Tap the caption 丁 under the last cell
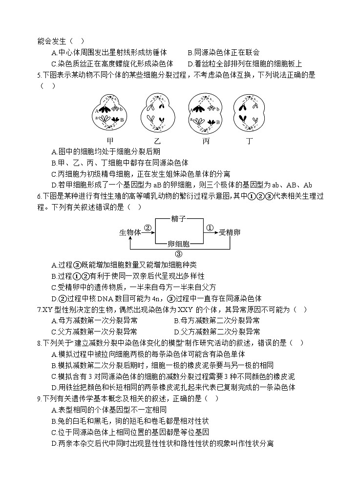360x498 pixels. pos(249,141)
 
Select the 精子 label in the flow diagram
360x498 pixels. pos(178,220)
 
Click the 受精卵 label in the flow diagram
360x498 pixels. pos(230,232)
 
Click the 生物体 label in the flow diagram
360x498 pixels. pos(130,232)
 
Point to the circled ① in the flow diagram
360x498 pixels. pos(210,228)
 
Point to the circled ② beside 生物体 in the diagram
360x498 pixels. pos(148,228)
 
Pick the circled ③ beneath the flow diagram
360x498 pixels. pos(178,254)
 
